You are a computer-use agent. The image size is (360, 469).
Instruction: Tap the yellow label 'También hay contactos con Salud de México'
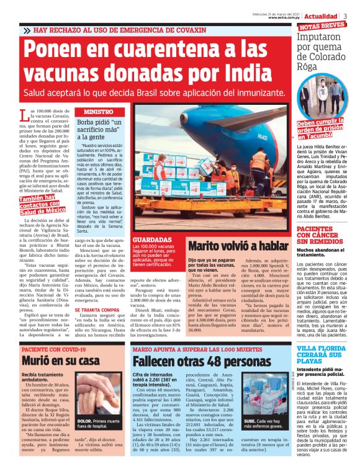click(x=43, y=204)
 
